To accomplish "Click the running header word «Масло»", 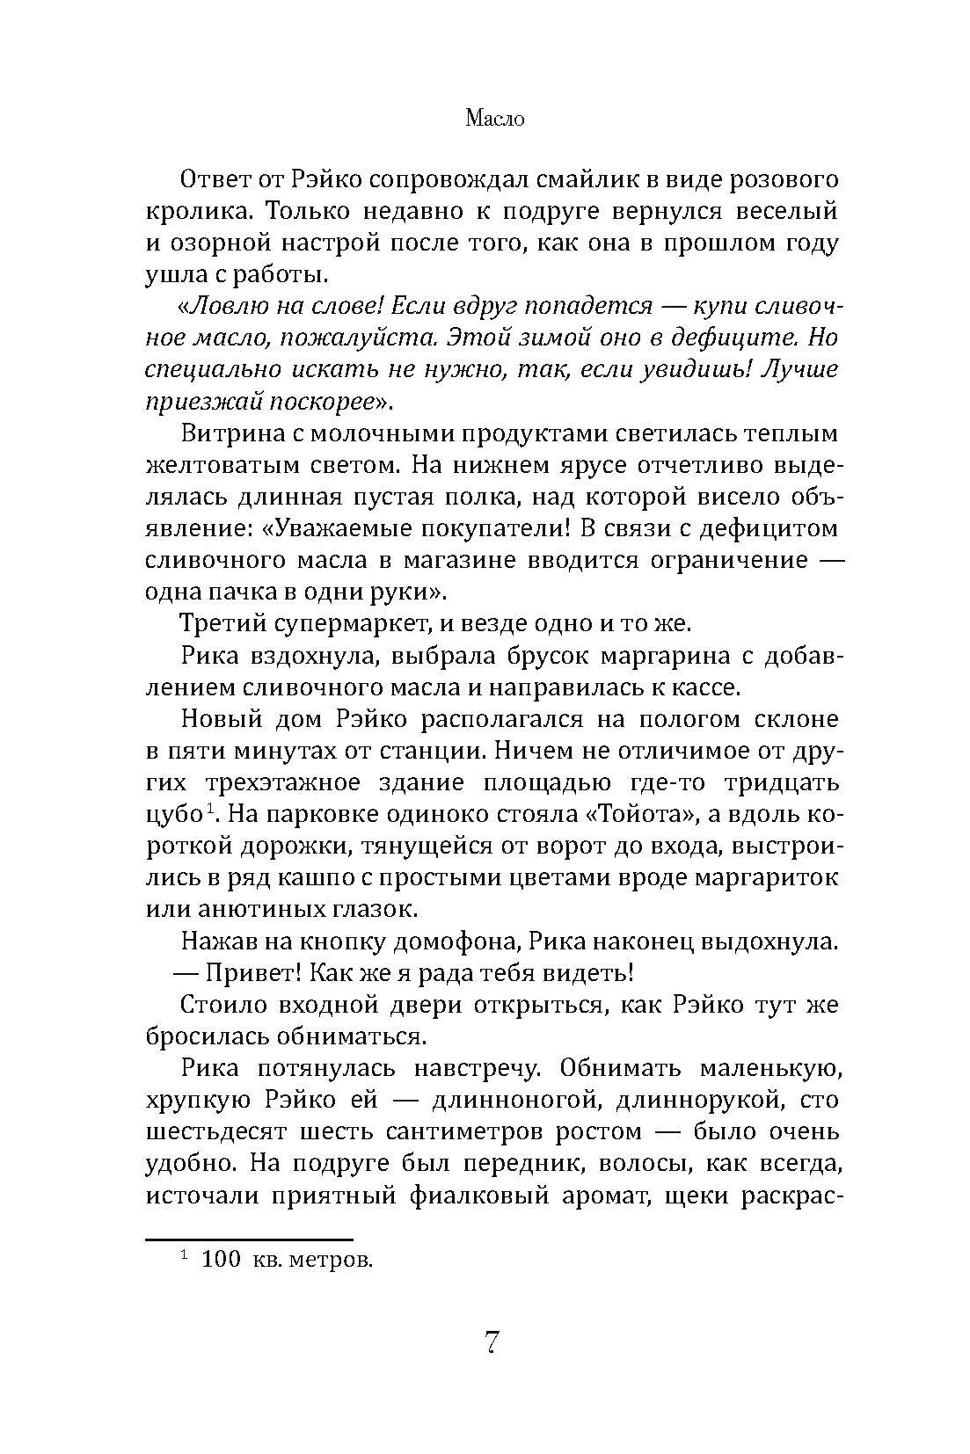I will click(x=493, y=119).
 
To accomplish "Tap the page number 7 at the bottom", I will click(x=492, y=1343).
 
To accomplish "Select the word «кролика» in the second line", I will click(x=186, y=212).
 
